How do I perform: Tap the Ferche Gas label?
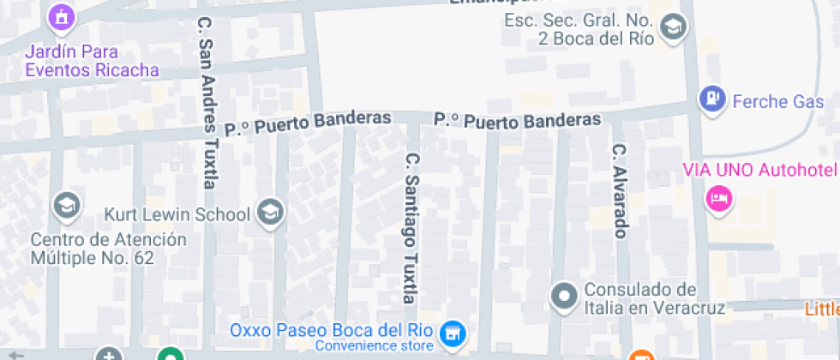(x=771, y=101)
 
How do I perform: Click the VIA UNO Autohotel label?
(x=759, y=169)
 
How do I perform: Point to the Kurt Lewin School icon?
(x=271, y=213)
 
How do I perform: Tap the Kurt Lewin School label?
(x=177, y=213)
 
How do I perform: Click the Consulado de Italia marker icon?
(x=564, y=297)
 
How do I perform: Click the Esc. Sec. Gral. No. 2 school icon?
(x=675, y=27)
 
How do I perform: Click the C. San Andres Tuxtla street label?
(x=207, y=101)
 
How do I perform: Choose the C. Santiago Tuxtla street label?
(x=411, y=228)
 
